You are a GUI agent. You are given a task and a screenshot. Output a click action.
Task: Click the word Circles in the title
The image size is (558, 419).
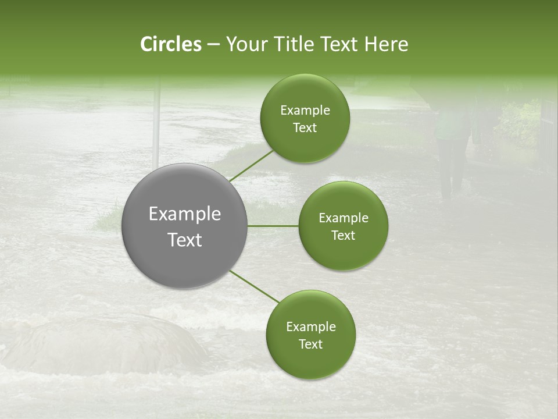170,44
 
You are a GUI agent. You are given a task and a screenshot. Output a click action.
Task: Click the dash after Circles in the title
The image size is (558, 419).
213,45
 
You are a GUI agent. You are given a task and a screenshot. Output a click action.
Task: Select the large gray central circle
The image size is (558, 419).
184,226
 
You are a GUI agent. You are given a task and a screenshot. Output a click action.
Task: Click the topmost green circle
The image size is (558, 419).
305,118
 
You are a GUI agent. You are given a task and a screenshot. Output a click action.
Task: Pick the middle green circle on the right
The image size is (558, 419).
343,226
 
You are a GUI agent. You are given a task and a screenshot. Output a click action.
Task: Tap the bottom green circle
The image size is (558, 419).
310,335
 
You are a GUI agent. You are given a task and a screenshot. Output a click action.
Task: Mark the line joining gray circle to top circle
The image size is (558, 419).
251,165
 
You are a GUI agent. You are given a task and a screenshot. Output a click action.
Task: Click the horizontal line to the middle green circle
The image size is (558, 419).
273,226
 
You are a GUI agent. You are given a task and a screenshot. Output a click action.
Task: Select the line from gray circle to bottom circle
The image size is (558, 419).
255,286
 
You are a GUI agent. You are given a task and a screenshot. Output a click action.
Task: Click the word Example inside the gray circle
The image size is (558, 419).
185,214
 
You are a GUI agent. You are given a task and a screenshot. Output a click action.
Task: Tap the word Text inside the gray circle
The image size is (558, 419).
185,239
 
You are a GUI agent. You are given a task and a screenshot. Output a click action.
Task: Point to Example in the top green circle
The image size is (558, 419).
305,110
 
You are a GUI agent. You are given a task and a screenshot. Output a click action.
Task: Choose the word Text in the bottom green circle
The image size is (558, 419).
310,344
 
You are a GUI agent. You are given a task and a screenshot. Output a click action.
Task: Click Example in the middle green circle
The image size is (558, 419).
343,218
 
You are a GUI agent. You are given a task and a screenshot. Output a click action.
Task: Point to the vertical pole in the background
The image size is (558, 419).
156,122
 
